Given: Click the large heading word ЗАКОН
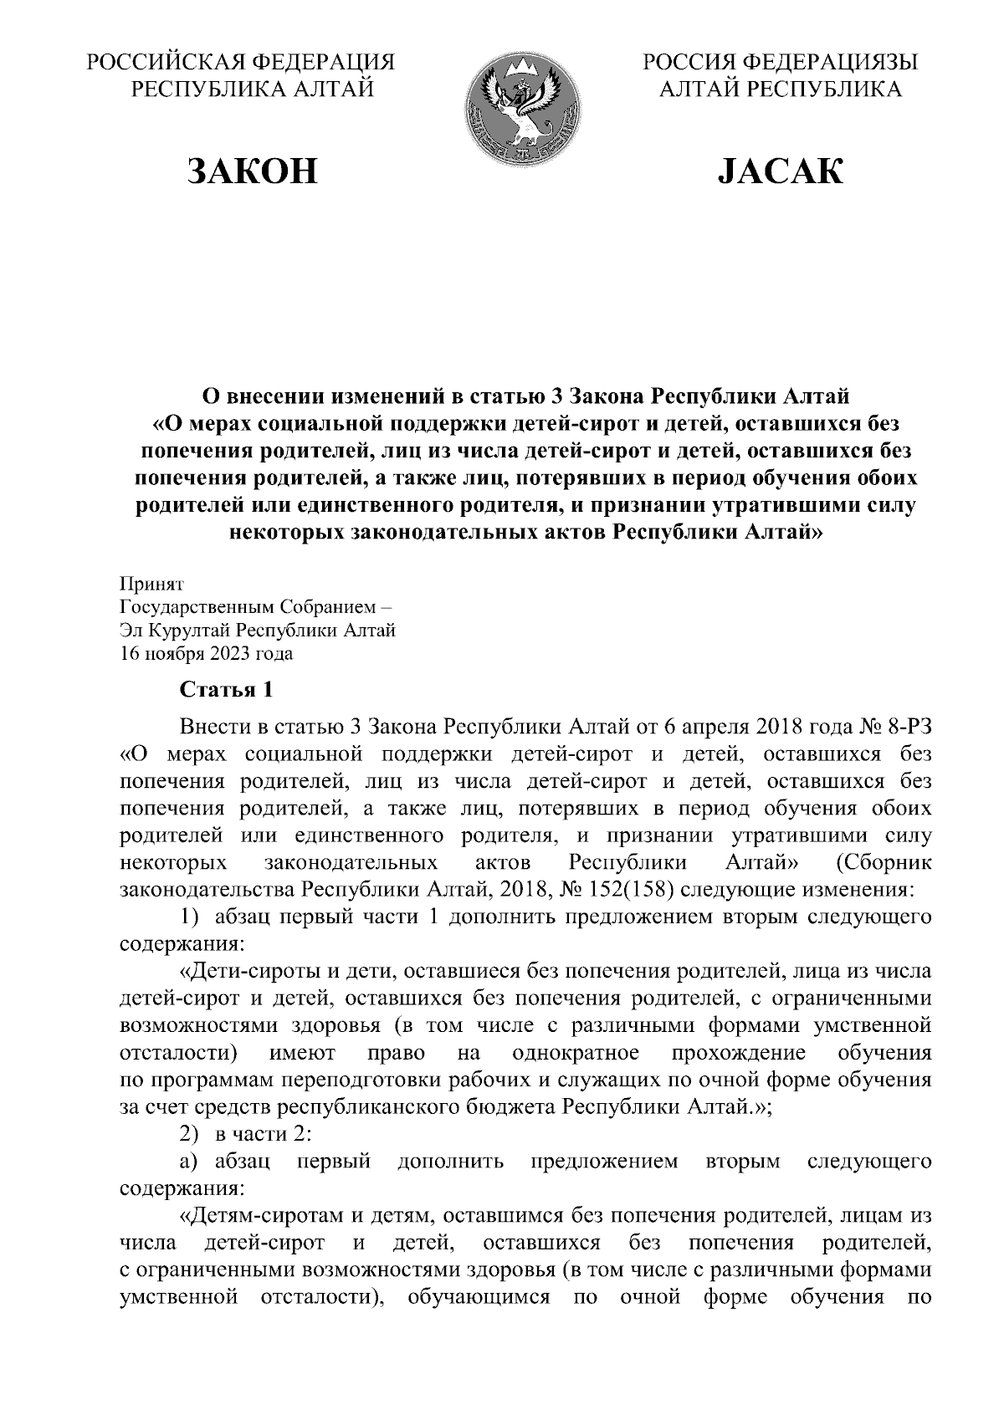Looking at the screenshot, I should pos(252,171).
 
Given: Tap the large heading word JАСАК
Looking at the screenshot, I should pos(780,171).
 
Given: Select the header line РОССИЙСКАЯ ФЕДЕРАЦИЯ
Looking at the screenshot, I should pos(242,63).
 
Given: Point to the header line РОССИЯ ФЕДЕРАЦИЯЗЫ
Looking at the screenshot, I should pos(780,63).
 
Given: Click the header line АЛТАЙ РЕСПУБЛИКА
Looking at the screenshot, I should pos(780,89).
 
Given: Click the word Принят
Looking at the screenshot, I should pos(151,584).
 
